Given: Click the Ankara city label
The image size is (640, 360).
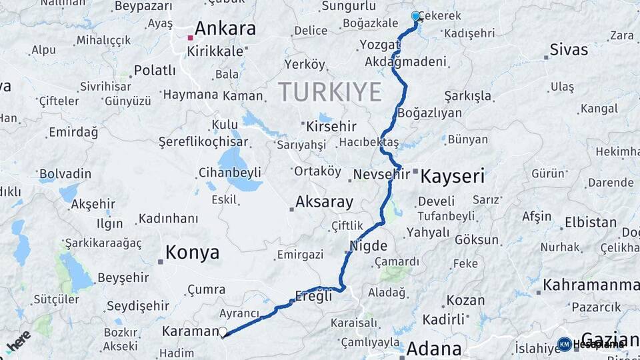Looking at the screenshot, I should (225, 29).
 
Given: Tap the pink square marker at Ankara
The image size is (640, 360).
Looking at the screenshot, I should (190, 37).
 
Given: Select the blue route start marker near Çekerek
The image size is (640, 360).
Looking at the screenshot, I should (416, 16).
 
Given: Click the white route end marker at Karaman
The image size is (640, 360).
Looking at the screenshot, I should (223, 332).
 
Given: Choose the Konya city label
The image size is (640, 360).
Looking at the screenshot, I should (192, 253).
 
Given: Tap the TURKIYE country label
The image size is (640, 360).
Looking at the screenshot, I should (329, 91).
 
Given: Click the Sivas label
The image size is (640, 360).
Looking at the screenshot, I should (569, 49).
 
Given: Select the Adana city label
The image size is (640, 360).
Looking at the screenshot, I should (433, 348).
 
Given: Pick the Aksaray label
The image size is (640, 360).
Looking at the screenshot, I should (324, 201).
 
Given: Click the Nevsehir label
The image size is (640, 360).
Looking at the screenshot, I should (379, 175).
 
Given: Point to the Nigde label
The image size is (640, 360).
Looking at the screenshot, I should (368, 245).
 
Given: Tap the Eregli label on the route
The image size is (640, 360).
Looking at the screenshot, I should (313, 297).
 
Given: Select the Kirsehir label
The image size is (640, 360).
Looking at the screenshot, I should (331, 126).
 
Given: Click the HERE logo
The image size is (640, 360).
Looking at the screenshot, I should (19, 341).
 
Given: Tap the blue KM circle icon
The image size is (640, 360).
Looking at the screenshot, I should (564, 344).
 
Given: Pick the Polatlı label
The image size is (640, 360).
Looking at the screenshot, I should (155, 70).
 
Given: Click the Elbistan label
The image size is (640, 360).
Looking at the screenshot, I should (591, 223).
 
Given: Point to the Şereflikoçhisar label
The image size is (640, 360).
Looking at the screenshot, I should (203, 141).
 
